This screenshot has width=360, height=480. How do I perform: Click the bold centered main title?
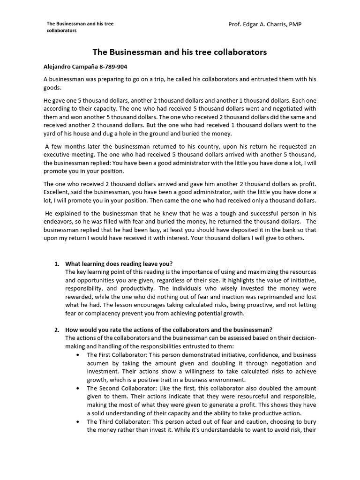click(180, 52)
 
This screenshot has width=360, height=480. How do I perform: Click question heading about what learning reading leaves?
click(122, 263)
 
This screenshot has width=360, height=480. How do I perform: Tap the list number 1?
click(57, 263)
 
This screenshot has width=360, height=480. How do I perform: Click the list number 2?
click(57, 330)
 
